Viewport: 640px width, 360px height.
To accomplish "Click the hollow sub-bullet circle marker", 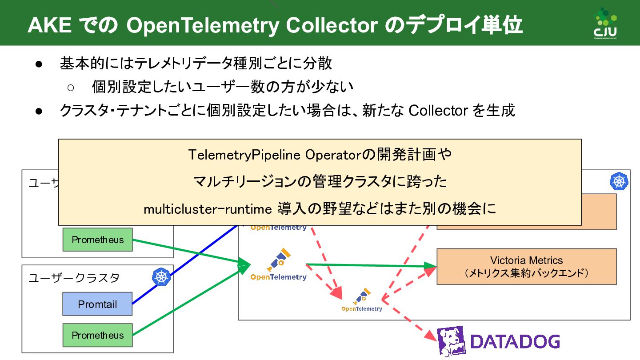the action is pos(71,87).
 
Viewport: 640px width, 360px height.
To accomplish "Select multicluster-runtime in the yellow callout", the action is pos(208,208).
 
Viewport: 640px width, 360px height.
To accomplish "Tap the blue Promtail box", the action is pos(97,304).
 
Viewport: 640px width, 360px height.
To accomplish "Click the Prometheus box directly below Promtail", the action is pos(97,335).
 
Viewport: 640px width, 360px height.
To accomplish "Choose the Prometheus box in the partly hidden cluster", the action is pos(97,240).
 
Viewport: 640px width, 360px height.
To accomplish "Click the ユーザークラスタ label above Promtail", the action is pos(74,278).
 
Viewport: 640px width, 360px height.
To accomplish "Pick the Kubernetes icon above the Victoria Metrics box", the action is pos(620,181).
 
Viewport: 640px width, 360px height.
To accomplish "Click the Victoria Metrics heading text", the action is pos(526,260).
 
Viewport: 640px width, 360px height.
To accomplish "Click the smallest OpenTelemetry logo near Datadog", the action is pos(362,301).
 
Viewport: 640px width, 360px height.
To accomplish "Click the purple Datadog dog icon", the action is pos(450,341).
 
